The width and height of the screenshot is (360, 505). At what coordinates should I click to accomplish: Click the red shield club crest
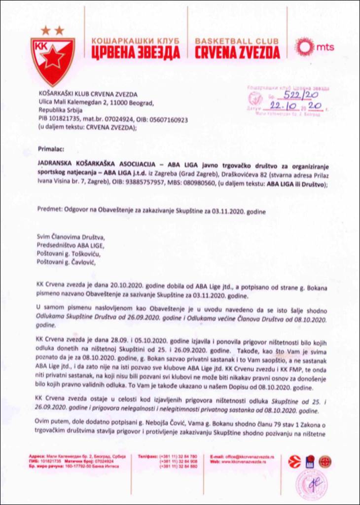pos(53,55)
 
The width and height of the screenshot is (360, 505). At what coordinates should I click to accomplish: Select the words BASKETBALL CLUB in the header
pos(237,40)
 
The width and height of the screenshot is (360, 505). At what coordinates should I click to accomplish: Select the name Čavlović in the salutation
pos(81,262)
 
